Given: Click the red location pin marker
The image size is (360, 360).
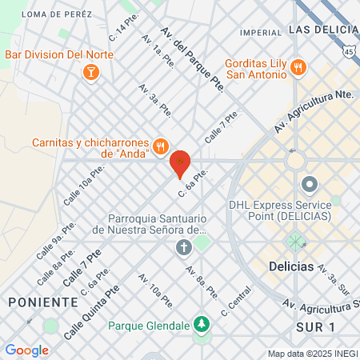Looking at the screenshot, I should click(181, 163).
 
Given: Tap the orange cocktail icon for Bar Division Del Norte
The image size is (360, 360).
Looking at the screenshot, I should click(90, 73).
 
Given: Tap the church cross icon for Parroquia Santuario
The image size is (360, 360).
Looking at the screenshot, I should click(184, 246).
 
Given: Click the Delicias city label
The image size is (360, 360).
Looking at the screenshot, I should click(291, 266).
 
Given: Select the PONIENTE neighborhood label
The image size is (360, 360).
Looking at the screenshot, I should click(43, 302).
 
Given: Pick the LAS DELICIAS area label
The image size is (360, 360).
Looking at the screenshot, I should click(322, 29).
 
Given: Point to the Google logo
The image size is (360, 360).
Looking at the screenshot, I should click(26, 350).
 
